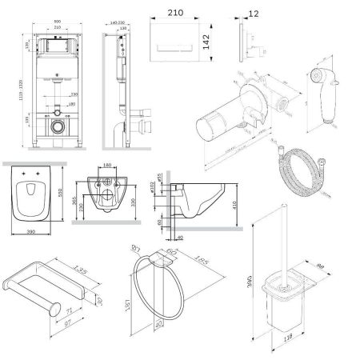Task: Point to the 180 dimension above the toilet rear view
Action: click(x=108, y=166)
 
